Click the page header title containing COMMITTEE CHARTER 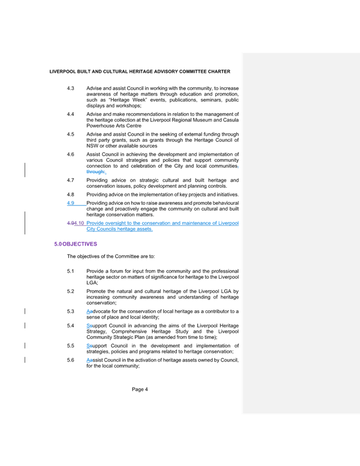[140, 72]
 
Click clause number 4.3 [71, 88]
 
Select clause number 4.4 [71, 114]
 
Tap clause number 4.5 [71, 134]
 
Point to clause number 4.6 [71, 154]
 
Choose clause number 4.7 [71, 180]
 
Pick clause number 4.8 [71, 194]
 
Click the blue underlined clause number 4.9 [71, 203]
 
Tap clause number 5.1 [71, 271]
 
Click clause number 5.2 [71, 290]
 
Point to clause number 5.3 [71, 311]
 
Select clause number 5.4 [71, 325]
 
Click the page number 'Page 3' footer [140, 389]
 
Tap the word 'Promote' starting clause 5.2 [95, 290]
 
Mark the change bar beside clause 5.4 [25, 325]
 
